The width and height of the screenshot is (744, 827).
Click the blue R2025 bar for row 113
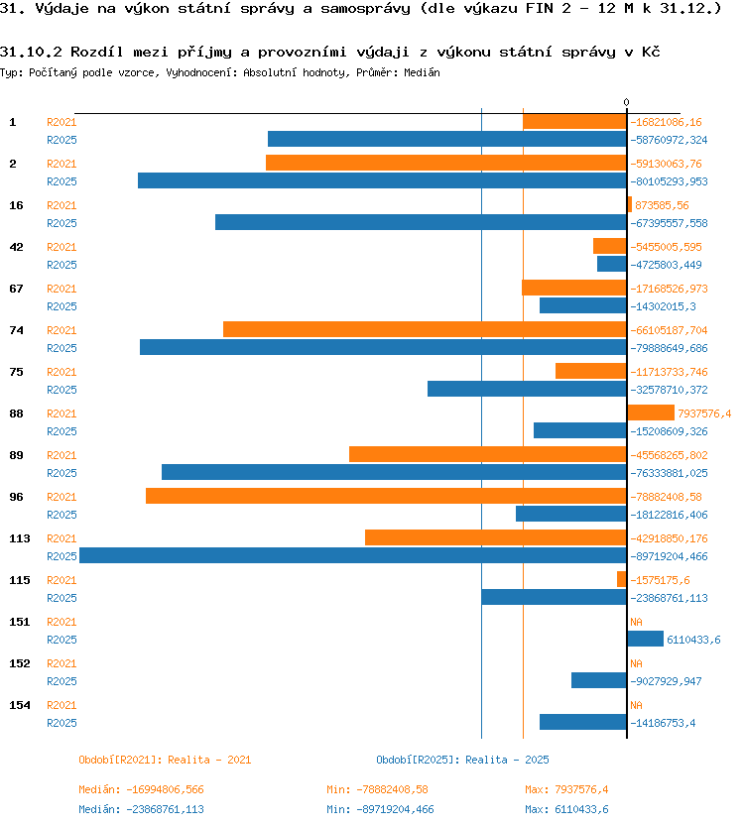tap(353, 555)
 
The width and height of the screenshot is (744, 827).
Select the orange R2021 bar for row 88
tap(651, 413)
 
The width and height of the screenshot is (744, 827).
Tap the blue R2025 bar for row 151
tap(646, 639)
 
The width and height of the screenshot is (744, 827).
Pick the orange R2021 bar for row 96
tap(386, 496)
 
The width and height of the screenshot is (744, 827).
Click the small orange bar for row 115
tap(622, 579)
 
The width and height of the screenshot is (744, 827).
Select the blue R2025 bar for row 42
tap(612, 264)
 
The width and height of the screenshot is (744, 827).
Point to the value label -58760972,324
tap(669, 140)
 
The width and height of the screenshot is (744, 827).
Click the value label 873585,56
tap(662, 205)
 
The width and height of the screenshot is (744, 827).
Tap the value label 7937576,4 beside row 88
tap(704, 413)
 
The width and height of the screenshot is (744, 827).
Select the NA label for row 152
tap(636, 663)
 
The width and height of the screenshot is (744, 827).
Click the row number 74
tap(16, 330)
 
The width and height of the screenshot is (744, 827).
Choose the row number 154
tap(20, 705)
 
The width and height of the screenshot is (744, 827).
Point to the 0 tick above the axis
tap(626, 102)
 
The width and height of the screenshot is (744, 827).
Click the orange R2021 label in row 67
tap(62, 289)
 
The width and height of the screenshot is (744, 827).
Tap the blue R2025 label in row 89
tap(62, 473)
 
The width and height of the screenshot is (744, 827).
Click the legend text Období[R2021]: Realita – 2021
tap(165, 760)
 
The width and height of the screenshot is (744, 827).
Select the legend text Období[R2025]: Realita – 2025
tap(462, 760)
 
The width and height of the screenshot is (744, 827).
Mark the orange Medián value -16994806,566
tap(165, 789)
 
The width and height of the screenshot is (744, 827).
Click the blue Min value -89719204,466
tap(395, 809)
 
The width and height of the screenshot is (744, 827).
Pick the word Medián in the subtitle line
tap(422, 72)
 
